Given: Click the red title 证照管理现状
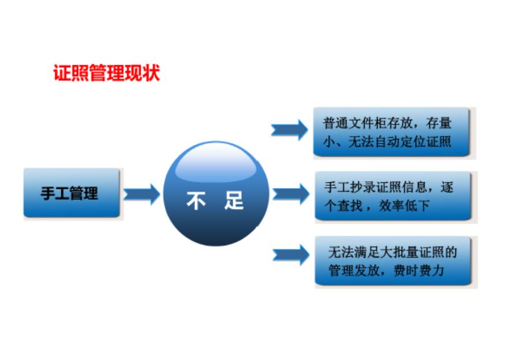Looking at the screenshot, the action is point(106,73).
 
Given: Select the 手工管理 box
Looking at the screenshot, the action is point(72,193).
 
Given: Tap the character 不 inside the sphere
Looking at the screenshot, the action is point(196,200).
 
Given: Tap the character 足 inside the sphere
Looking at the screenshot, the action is point(234,200).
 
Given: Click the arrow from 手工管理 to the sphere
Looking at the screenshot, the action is point(142,194).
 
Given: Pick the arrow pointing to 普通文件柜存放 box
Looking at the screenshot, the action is point(289,130).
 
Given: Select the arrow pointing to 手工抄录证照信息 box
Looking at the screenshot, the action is point(291,194).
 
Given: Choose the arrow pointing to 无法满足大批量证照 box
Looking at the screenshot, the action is point(291,255).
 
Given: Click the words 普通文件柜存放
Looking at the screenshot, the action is point(368,123).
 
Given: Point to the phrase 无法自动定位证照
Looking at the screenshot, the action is point(400,142).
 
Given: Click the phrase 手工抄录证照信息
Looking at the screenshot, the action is point(376,188).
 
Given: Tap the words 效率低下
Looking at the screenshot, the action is point(405,205).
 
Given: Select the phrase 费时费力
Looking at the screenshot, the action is point(419,270).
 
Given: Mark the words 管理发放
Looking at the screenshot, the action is point(354,270).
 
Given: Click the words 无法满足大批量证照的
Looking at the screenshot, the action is point(393,252).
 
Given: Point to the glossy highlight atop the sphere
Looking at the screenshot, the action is point(216,163).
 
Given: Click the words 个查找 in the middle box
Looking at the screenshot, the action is point(344,205).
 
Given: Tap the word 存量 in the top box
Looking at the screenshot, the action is point(439,123).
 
